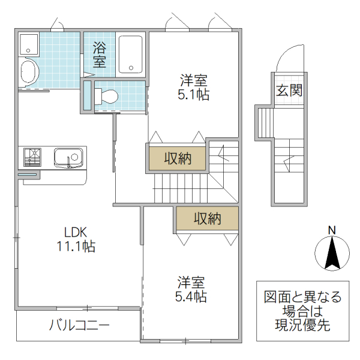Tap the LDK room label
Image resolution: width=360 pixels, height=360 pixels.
[x=76, y=232]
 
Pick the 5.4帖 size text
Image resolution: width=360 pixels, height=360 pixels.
[x=191, y=296]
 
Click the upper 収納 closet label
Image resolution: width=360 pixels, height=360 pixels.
[x=178, y=158]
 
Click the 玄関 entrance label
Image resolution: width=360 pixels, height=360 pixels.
[x=289, y=91]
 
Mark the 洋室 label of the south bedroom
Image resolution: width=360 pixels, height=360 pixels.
[x=191, y=281]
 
